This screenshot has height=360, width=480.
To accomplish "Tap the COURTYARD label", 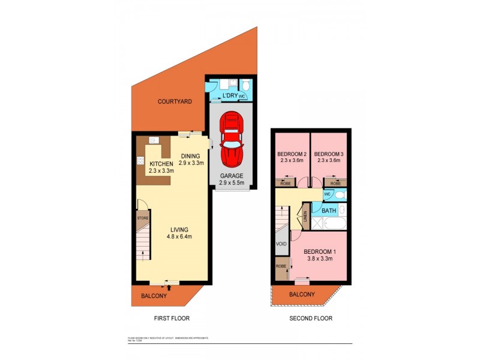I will pos(175,102).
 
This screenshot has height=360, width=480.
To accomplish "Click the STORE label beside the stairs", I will pos(142,218).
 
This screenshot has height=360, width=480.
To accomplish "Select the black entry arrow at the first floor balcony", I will pos(169,287).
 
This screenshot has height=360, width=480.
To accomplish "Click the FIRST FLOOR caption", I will pos(172,319).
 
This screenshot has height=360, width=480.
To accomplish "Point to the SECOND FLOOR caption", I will pos(311,319).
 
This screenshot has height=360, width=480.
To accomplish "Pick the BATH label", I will pos(329,211).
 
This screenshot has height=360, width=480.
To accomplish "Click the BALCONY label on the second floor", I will pos(302,294).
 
